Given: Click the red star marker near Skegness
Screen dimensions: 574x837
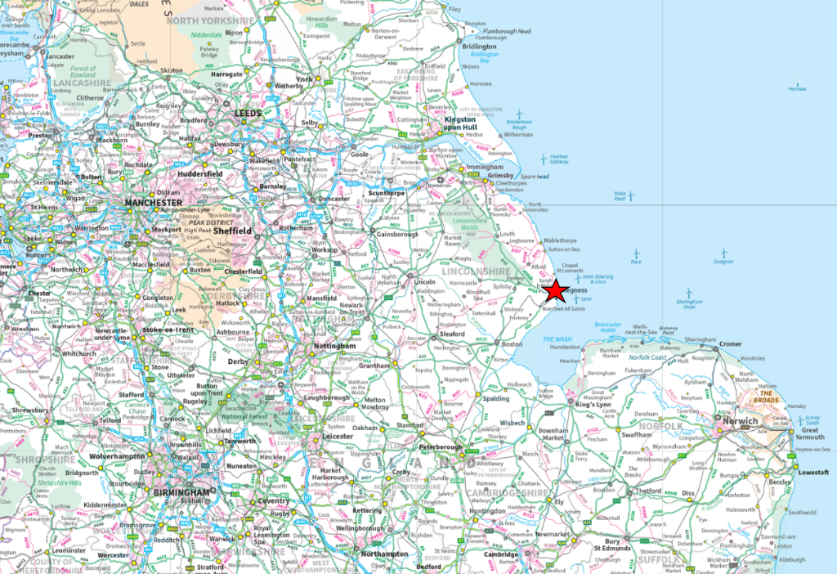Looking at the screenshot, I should (555, 290).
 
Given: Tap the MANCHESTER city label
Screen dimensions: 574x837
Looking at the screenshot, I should (153, 202).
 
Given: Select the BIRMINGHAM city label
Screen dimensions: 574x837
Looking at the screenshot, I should (181, 493).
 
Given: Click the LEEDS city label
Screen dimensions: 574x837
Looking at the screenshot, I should (247, 114).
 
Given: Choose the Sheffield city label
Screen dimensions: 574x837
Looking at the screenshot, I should (233, 231).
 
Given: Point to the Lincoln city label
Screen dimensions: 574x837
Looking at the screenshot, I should (425, 281).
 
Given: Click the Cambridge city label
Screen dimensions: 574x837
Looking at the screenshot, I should (500, 554).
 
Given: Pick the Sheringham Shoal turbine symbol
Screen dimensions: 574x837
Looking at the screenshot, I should (688, 292).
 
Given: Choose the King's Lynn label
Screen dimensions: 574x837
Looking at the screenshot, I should (594, 405).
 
